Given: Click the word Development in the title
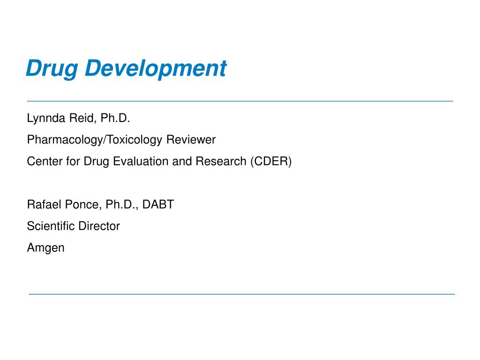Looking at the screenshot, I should tap(156, 69).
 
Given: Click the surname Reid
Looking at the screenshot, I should tap(82, 118).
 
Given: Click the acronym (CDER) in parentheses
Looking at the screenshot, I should tap(271, 162).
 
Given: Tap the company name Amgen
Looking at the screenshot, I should tap(46, 248).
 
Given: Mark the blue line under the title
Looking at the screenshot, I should tap(240, 101).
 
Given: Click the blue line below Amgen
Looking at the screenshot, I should tap(242, 294).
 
